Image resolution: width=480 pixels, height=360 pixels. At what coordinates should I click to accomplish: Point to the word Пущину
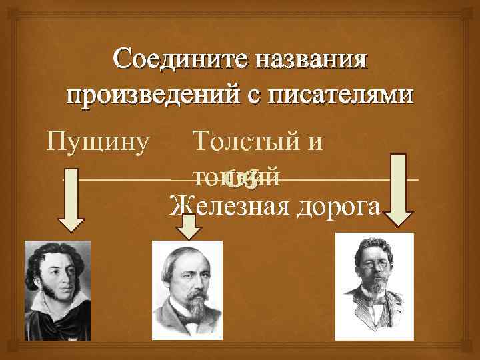[99, 141]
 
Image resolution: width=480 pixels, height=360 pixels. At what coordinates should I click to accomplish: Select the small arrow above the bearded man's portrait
[191, 227]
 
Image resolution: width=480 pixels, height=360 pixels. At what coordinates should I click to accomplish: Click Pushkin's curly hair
[50, 257]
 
